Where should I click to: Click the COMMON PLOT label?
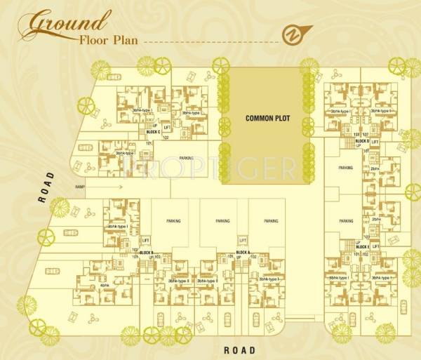coord(263,119)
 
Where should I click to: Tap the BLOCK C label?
coord(153,132)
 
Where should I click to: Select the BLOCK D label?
coord(362,141)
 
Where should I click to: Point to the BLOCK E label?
coord(362,247)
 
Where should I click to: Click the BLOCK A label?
coord(243,252)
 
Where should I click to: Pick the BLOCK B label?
coord(146,252)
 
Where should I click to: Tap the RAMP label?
coord(80,187)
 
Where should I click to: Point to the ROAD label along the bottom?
coord(239,349)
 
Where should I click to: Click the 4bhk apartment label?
coord(105,286)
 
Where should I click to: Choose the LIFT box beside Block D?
coord(375,142)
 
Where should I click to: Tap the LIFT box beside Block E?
coord(375,247)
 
